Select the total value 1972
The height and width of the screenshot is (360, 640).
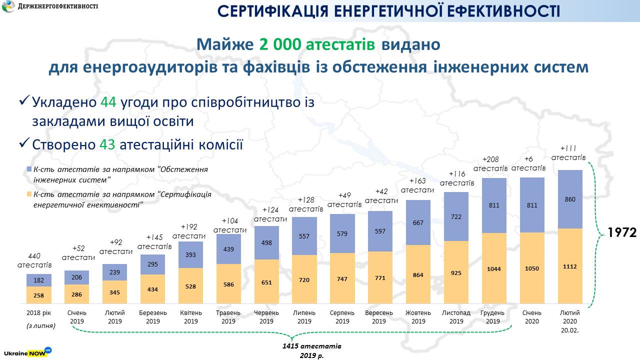point(621,232)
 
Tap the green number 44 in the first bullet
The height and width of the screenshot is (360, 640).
point(108,102)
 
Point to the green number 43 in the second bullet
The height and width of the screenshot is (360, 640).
point(107,144)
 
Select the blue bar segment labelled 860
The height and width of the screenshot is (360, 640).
point(570,199)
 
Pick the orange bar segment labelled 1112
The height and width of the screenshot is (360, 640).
point(570,266)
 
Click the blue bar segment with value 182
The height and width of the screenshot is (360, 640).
point(38,280)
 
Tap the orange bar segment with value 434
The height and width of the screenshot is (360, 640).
point(152,289)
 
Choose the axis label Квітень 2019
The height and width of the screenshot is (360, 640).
point(190,317)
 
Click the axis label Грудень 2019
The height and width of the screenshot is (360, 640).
point(493,317)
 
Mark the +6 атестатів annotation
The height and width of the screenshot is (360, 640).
point(528,163)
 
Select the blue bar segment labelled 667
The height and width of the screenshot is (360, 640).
point(418,222)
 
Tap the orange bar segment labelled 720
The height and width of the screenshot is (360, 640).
point(304,280)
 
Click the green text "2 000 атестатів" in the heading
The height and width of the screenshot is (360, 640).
point(317,44)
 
